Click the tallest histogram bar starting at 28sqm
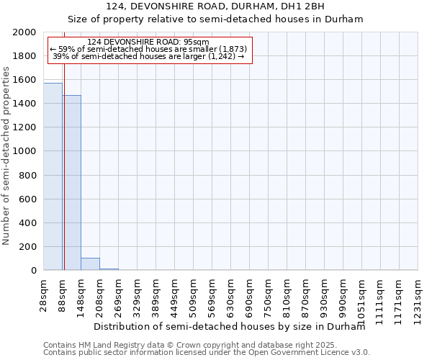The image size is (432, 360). click(53, 176)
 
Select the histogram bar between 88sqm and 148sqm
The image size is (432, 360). click(71, 183)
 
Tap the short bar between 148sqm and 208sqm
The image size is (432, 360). click(90, 264)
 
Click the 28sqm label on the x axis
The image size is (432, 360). click(44, 294)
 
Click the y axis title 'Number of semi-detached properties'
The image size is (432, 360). click(7, 156)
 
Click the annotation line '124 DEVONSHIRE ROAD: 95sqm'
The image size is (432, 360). click(149, 42)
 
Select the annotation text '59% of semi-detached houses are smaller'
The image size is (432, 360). click(149, 49)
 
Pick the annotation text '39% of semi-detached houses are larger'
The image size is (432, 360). click(149, 56)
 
